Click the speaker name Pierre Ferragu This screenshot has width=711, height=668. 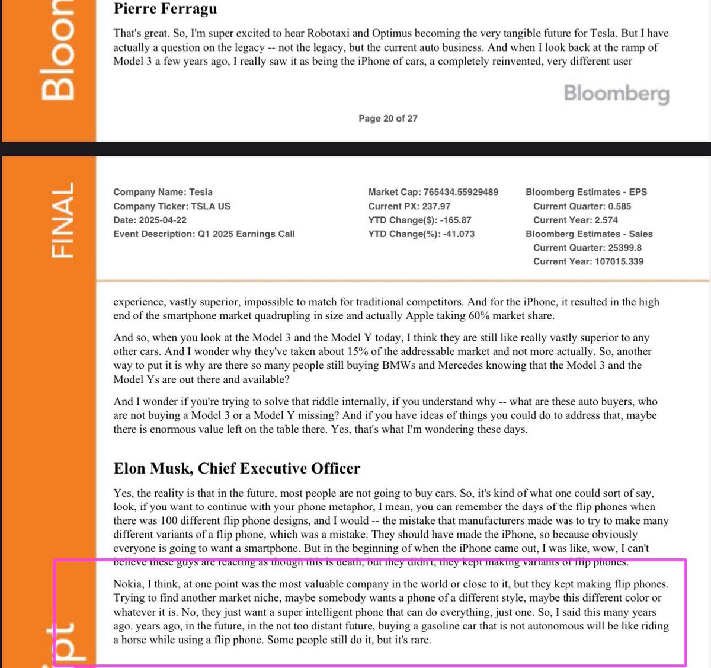[165, 9]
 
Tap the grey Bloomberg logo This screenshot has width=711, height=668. [616, 93]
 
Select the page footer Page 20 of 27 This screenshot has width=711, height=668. [387, 119]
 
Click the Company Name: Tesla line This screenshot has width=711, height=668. [163, 192]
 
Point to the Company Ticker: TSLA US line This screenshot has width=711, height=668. [172, 206]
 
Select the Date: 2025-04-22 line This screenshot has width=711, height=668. [150, 220]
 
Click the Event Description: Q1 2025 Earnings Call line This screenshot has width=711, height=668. [204, 234]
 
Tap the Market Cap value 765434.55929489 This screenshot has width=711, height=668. [461, 192]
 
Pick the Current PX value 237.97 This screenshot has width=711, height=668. [436, 206]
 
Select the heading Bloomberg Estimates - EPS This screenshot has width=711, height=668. [586, 192]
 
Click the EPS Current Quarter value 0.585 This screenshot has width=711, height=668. [620, 206]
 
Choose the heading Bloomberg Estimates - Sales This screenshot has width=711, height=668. [589, 234]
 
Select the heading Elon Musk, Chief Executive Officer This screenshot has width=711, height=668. [236, 468]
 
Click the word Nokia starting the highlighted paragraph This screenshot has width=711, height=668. [127, 584]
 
